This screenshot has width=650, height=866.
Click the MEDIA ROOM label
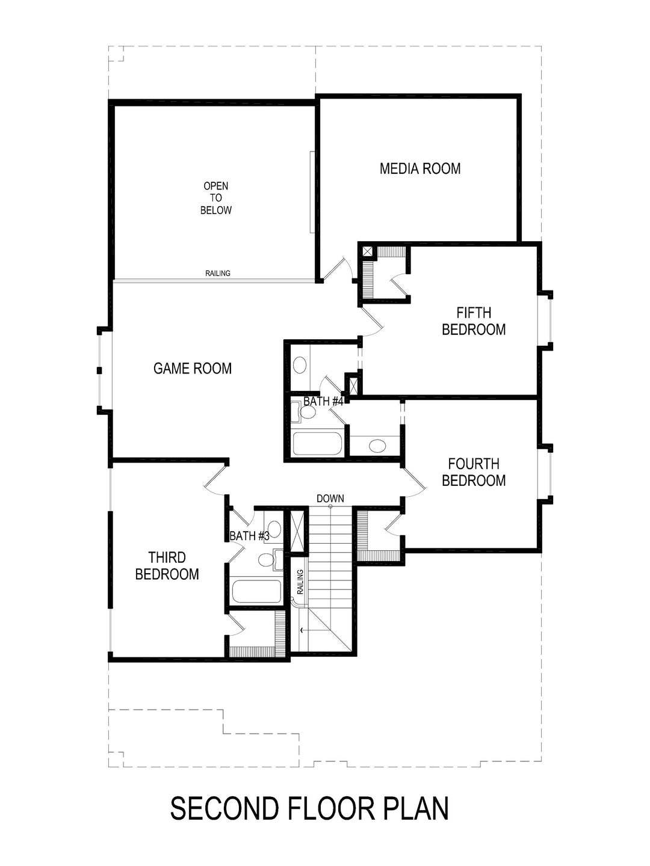[420, 168]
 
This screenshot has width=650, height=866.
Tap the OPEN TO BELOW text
[215, 198]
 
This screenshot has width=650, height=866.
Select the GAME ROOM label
[192, 368]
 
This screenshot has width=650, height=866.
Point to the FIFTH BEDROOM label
[474, 321]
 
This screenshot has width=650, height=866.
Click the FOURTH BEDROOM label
[474, 472]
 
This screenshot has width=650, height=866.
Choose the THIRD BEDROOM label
[167, 566]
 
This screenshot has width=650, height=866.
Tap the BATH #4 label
[323, 401]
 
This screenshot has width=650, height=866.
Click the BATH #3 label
[249, 535]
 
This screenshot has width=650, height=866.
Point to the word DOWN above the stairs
[330, 498]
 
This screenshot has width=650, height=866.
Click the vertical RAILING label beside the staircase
[300, 582]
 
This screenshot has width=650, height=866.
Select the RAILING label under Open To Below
[217, 273]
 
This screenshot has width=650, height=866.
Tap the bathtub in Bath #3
[256, 592]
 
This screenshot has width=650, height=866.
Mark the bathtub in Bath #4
[317, 444]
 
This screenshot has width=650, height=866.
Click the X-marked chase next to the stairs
[297, 530]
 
